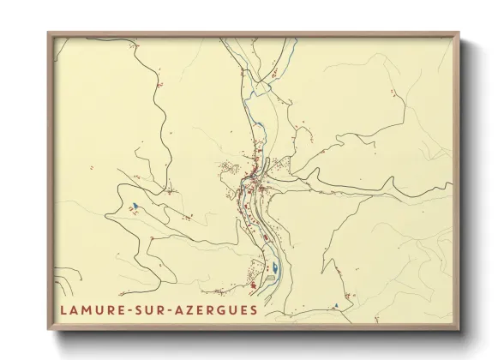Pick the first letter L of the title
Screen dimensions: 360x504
click(64, 310)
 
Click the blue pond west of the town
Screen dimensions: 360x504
click(134, 206)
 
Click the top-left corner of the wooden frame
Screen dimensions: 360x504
click(49, 33)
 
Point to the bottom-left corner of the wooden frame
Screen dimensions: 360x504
click(49, 330)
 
